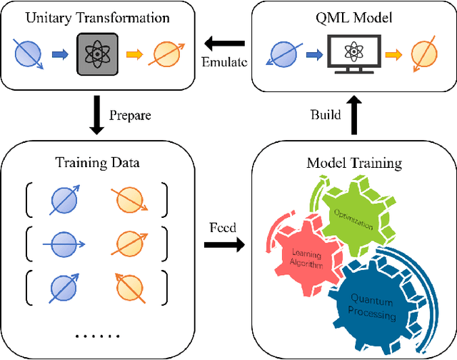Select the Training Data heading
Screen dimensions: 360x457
click(97, 163)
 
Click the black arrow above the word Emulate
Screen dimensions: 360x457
click(226, 43)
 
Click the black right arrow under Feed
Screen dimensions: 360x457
click(224, 245)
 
